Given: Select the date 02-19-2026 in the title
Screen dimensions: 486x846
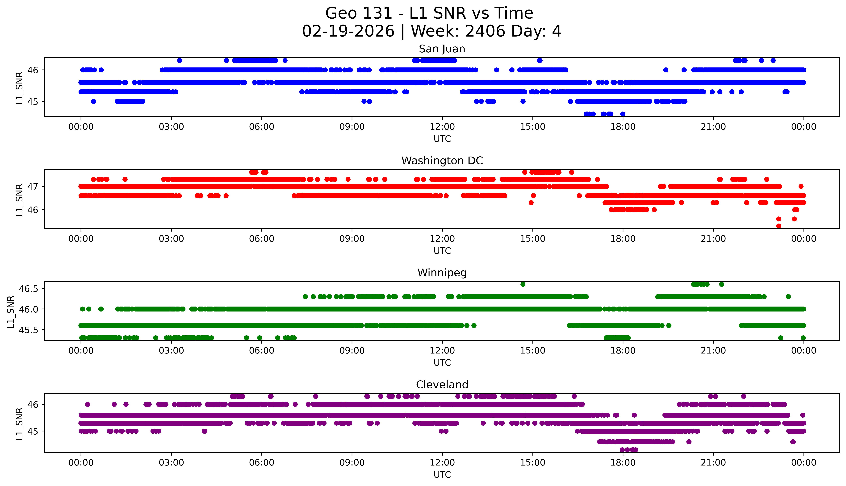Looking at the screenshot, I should [348, 31].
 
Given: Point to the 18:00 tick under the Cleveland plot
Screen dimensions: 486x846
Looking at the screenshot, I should [623, 463].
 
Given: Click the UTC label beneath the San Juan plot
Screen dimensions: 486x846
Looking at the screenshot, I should [442, 139].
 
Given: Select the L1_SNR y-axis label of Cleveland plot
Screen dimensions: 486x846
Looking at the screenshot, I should [19, 423].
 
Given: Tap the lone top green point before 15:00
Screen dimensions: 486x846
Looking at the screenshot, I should [523, 284].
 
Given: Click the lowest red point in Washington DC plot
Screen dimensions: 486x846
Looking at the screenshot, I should [779, 226].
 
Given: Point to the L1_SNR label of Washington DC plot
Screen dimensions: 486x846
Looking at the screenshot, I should [19, 200].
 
